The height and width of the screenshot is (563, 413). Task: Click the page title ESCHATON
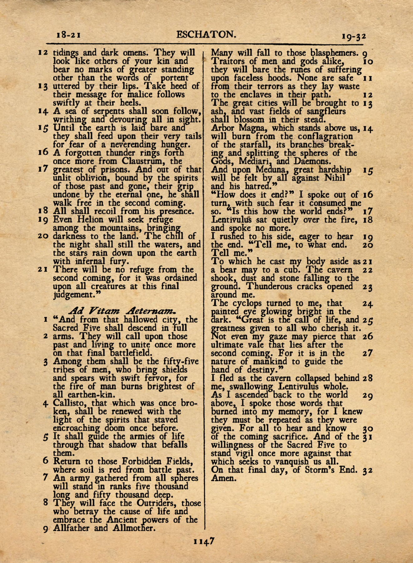[x=206, y=34]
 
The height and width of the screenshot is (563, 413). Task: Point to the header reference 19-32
[x=354, y=37]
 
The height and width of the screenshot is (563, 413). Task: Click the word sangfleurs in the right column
[x=327, y=112]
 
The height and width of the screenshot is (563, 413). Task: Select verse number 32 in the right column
[x=368, y=470]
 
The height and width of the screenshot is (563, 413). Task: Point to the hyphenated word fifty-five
[x=181, y=362]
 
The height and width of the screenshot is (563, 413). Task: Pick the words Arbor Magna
[x=237, y=128]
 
